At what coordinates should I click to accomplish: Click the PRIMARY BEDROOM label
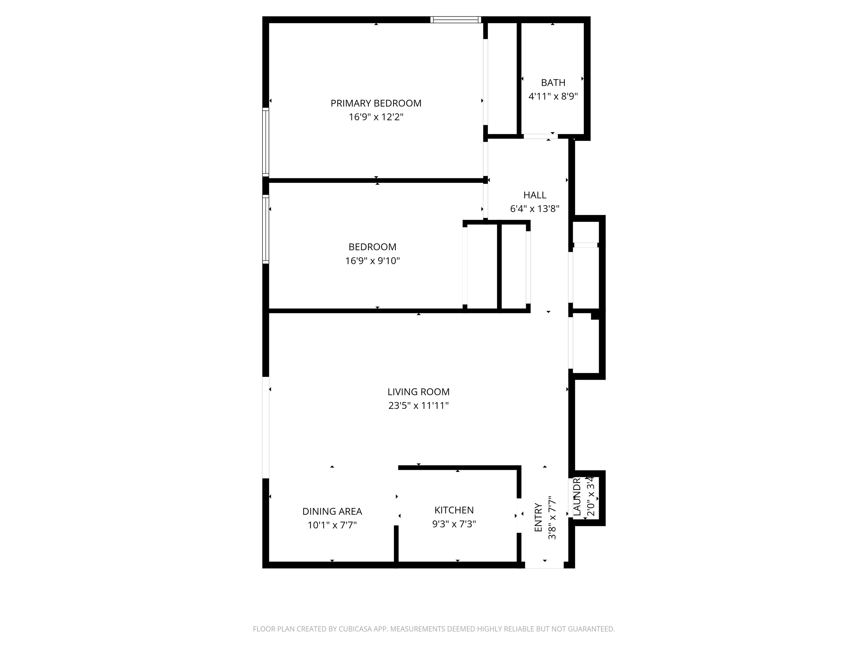[x=376, y=103]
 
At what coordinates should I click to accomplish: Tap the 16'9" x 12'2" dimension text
[x=376, y=117]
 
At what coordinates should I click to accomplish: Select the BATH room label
[x=553, y=83]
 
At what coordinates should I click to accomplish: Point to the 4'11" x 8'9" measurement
[x=553, y=97]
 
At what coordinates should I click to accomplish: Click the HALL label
[x=535, y=195]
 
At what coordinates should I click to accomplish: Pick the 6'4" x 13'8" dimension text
[x=535, y=209]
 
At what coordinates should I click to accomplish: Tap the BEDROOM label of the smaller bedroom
[x=372, y=247]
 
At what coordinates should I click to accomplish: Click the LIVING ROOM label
[x=418, y=392]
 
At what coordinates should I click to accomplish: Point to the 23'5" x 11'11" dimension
[x=418, y=406]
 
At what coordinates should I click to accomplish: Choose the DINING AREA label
[x=332, y=511]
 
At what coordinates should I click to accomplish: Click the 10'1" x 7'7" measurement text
[x=332, y=525]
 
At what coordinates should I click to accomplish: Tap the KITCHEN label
[x=454, y=510]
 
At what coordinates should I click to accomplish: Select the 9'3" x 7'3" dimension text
[x=454, y=524]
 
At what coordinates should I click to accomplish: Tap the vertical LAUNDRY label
[x=577, y=497]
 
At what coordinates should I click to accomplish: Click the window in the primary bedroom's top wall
[x=455, y=19]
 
